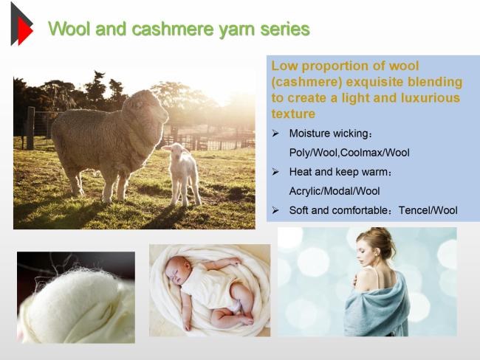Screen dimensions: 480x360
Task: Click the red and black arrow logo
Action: tap(21, 24)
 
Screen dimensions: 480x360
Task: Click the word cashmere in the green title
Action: tap(173, 29)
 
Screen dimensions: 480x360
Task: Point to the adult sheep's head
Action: tap(147, 108)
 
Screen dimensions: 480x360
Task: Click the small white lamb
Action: tap(182, 173)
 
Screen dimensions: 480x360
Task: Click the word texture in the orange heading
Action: tap(293, 114)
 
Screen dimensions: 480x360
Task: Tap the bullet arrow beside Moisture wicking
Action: tap(275, 134)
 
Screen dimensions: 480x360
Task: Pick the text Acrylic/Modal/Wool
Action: tap(335, 191)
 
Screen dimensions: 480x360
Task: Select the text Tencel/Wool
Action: tap(428, 210)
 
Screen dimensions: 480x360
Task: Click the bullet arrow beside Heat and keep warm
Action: tap(275, 172)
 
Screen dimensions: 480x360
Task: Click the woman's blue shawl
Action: tap(377, 306)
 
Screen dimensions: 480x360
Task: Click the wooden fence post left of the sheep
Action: tap(30, 128)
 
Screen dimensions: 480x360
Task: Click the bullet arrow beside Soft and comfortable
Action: tap(275, 210)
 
